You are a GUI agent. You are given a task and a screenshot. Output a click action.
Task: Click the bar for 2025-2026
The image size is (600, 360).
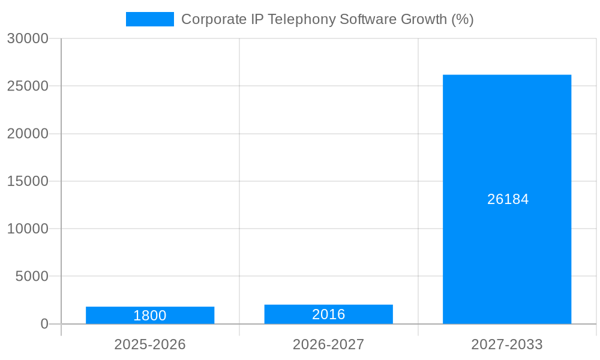(150, 315)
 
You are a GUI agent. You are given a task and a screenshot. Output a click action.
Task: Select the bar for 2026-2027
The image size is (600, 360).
(328, 314)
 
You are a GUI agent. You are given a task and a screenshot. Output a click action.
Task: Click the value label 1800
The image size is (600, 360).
(150, 316)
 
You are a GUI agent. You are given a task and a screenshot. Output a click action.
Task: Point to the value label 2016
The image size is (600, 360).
(328, 314)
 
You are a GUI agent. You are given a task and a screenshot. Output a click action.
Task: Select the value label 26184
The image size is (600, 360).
(508, 199)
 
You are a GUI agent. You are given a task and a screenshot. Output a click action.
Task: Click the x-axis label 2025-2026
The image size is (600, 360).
(150, 344)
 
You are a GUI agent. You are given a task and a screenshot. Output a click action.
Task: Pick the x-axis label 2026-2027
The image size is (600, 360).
(328, 344)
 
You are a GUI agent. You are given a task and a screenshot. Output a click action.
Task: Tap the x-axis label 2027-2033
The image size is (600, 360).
(507, 344)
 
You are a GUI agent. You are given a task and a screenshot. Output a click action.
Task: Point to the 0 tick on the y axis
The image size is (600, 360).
(44, 324)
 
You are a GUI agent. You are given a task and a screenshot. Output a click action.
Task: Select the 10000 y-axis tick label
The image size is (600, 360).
(28, 229)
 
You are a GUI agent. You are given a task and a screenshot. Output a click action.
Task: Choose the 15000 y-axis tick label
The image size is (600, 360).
(28, 181)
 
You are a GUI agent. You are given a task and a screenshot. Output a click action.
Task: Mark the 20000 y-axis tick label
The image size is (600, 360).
(28, 134)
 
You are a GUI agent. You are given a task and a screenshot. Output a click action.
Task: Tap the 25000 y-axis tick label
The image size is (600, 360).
(28, 86)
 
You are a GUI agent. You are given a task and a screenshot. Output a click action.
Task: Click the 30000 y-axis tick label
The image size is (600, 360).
(28, 38)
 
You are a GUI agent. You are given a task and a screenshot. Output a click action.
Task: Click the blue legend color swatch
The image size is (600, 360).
(149, 19)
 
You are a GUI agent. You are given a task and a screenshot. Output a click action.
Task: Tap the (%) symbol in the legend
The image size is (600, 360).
(462, 19)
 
